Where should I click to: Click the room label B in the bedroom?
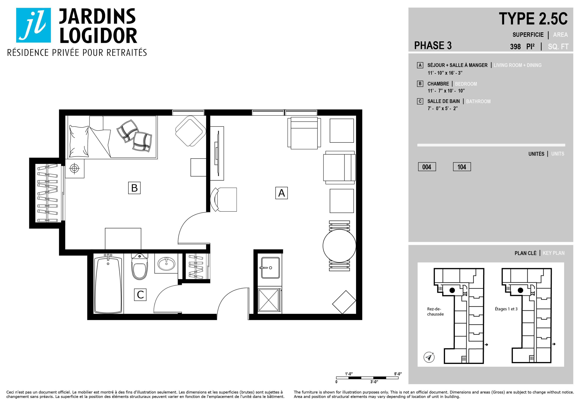point(134,188)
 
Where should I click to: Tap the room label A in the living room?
point(281,193)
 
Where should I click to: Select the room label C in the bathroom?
point(140,295)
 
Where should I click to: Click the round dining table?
point(339,246)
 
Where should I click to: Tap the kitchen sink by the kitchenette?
point(270,268)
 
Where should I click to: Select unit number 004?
point(427,167)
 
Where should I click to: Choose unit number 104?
point(462,167)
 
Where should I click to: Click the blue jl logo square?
point(34,25)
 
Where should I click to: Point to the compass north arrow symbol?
point(429,357)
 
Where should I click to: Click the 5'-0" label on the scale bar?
point(398,374)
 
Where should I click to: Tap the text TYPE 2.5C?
point(533,19)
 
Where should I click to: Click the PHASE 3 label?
point(433,46)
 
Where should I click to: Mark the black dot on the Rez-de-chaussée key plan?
point(452,290)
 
